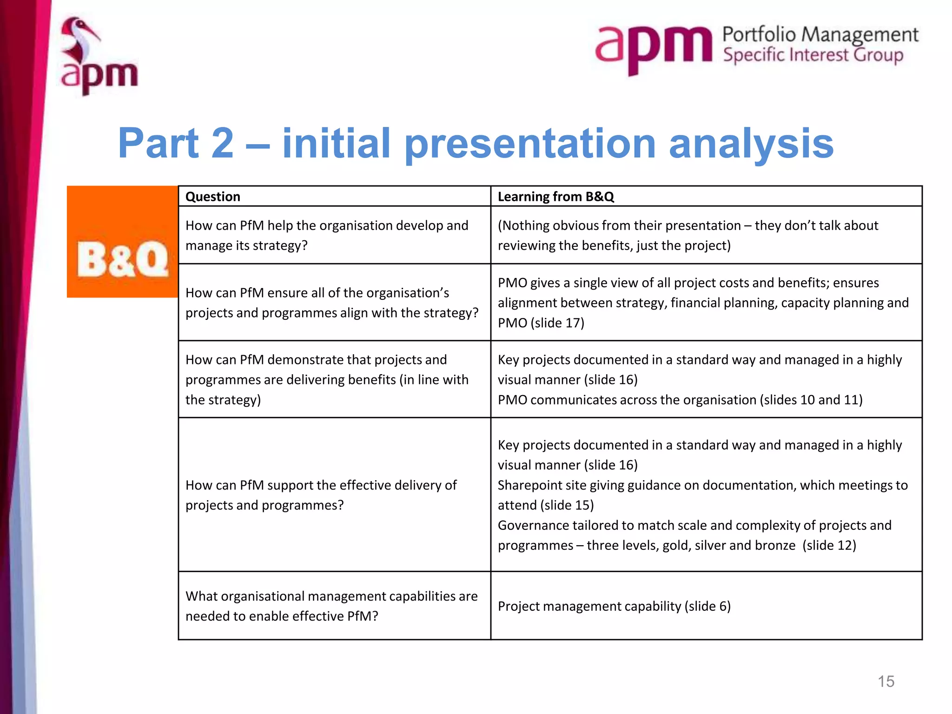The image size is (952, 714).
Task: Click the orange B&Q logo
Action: (x=122, y=242)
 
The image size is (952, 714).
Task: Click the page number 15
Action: (x=886, y=681)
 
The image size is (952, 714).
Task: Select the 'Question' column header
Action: (x=213, y=197)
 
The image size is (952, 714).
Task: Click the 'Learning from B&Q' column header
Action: (x=555, y=197)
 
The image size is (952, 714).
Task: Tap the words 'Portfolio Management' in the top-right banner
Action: (x=820, y=34)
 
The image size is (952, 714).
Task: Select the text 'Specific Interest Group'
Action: (x=813, y=55)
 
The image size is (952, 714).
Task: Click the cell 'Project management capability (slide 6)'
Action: (x=614, y=606)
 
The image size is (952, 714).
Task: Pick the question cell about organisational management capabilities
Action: (x=331, y=606)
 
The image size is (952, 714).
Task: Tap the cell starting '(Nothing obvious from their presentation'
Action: (x=688, y=235)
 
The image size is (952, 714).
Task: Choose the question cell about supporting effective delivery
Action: (x=321, y=495)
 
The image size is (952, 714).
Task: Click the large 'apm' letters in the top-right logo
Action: (x=653, y=46)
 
